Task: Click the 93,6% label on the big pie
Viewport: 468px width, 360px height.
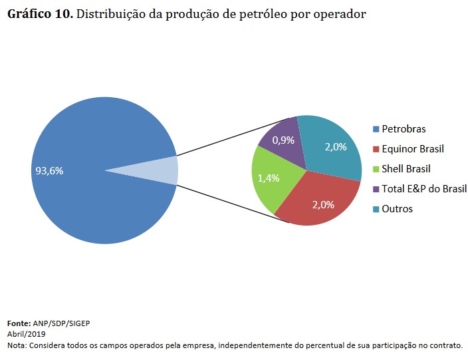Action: click(49, 171)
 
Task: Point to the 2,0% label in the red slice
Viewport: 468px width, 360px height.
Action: click(323, 204)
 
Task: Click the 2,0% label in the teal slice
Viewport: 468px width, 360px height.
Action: click(336, 147)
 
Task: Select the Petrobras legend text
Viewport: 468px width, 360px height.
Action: click(404, 129)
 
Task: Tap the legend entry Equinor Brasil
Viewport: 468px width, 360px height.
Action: click(412, 149)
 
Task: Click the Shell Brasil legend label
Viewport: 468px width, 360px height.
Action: click(406, 169)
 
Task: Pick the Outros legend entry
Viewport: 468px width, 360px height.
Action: click(397, 209)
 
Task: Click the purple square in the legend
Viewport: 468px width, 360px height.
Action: click(377, 189)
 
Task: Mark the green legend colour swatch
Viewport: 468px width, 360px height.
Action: click(377, 169)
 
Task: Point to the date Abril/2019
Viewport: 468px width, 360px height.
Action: click(26, 334)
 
